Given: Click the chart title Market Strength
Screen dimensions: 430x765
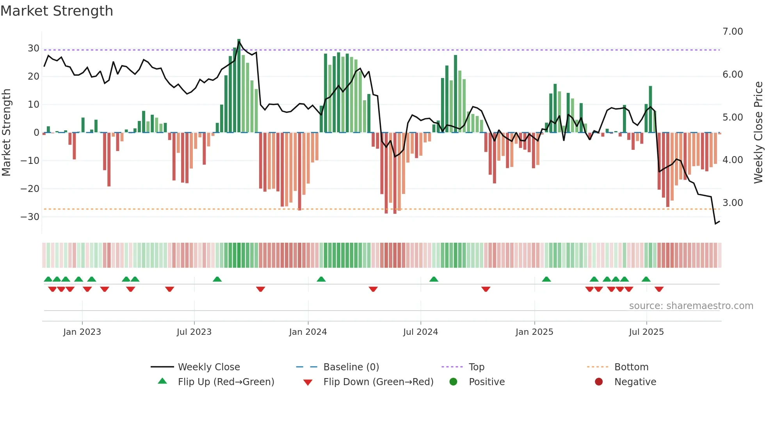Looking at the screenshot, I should tap(57, 11).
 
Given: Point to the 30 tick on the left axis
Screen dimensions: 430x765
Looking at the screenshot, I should tap(34, 48).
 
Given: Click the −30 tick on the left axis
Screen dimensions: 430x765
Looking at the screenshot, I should tap(30, 217).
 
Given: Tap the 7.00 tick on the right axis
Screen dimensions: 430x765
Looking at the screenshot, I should tap(733, 32).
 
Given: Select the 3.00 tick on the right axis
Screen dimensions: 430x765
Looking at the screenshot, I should tap(733, 203).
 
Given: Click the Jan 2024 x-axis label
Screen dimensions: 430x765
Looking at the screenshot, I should tap(308, 332).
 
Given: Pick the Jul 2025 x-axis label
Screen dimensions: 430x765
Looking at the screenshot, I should tap(646, 332).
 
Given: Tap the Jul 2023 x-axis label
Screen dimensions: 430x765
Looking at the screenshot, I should tap(194, 332).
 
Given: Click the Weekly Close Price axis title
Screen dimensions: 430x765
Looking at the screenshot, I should tap(758, 133).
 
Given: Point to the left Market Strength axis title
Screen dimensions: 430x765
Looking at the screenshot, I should tap(6, 133).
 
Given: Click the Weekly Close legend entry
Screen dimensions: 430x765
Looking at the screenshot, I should tap(209, 367).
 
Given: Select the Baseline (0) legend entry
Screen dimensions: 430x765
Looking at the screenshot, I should tap(351, 367).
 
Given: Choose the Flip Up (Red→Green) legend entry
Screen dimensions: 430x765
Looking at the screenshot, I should tap(226, 382).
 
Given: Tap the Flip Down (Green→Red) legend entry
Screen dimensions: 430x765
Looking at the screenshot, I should tap(378, 382).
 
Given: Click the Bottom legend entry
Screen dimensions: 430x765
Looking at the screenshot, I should tap(631, 367).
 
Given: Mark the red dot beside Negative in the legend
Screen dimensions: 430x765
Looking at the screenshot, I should tap(599, 382).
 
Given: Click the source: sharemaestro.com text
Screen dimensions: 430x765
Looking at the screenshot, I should tap(691, 306).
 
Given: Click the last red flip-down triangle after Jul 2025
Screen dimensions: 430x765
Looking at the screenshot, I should tap(659, 289).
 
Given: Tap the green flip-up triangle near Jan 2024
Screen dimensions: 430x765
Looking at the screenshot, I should tap(321, 279).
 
